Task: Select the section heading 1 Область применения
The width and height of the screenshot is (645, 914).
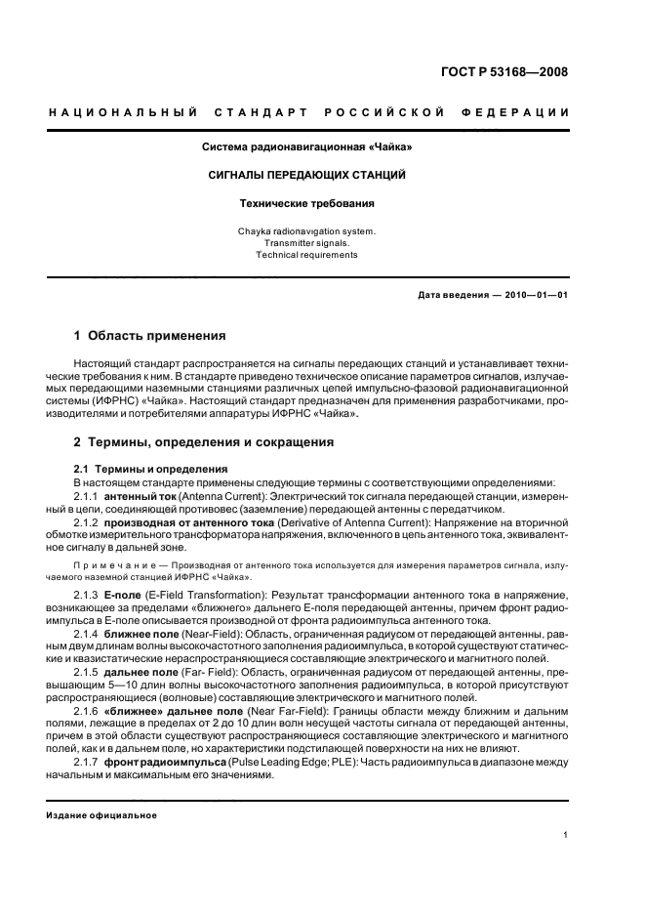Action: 150,336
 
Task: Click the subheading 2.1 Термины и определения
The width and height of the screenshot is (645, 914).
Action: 151,469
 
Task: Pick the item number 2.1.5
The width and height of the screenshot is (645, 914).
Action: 89,673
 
